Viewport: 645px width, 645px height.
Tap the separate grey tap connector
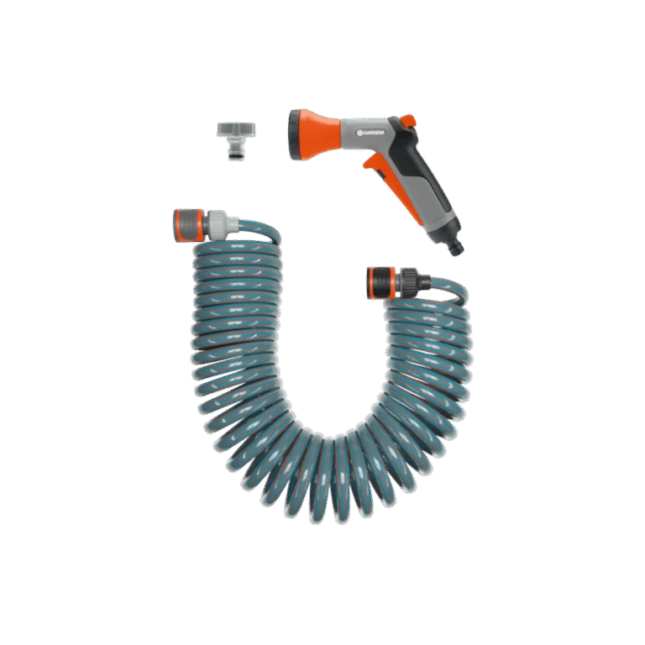click(x=236, y=140)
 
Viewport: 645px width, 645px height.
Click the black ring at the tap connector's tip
click(x=235, y=156)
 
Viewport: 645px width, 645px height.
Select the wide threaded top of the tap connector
click(x=236, y=128)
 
